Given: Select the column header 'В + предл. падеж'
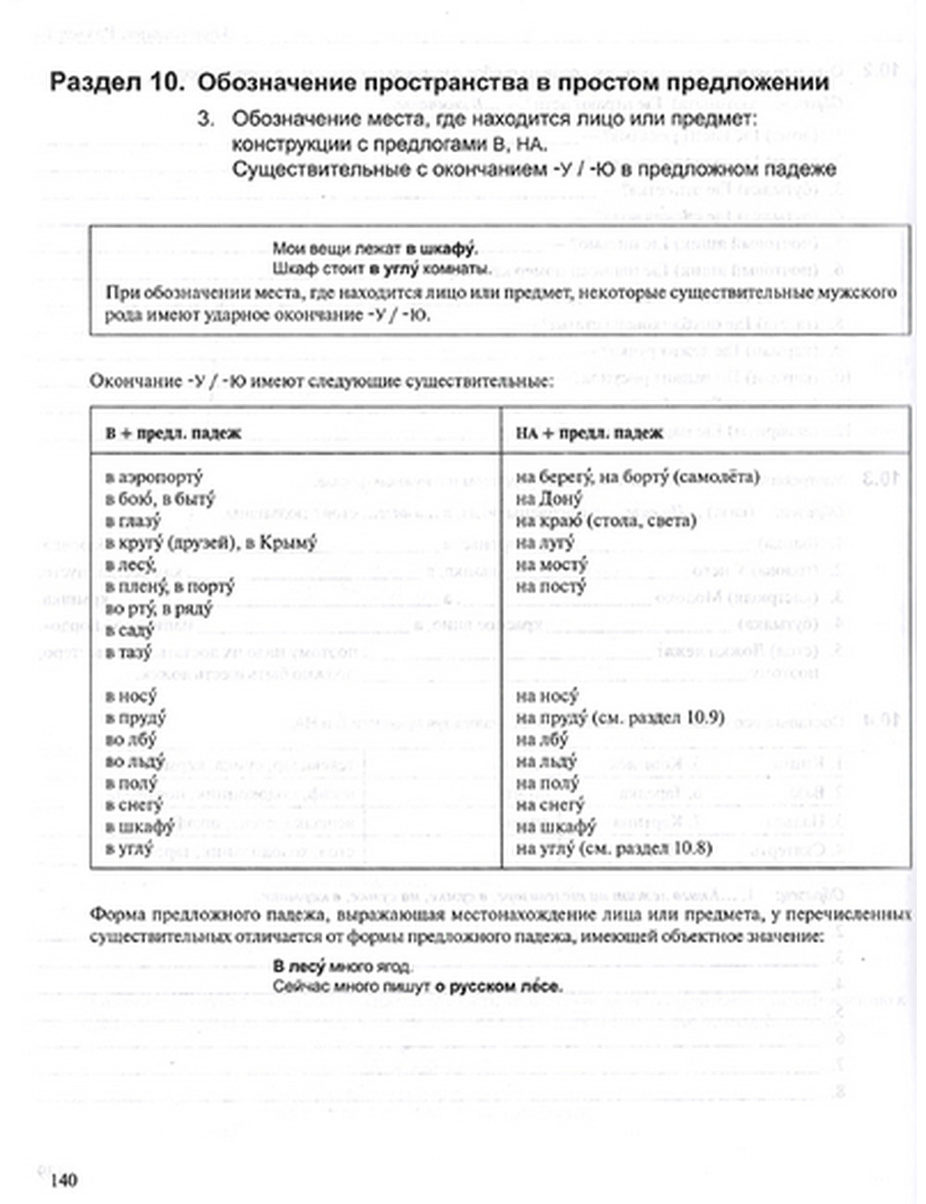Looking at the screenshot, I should coord(173,433).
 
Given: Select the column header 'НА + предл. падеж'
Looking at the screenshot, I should coord(589,433).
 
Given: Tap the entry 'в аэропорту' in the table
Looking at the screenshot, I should coord(154,477).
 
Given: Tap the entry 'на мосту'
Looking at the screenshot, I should coord(552,564).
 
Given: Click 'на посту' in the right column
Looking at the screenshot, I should coord(551,586).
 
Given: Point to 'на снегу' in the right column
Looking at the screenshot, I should coord(550,806).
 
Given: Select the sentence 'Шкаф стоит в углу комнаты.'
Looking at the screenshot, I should coord(382,270).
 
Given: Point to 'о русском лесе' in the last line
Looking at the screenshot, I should coord(500,987).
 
